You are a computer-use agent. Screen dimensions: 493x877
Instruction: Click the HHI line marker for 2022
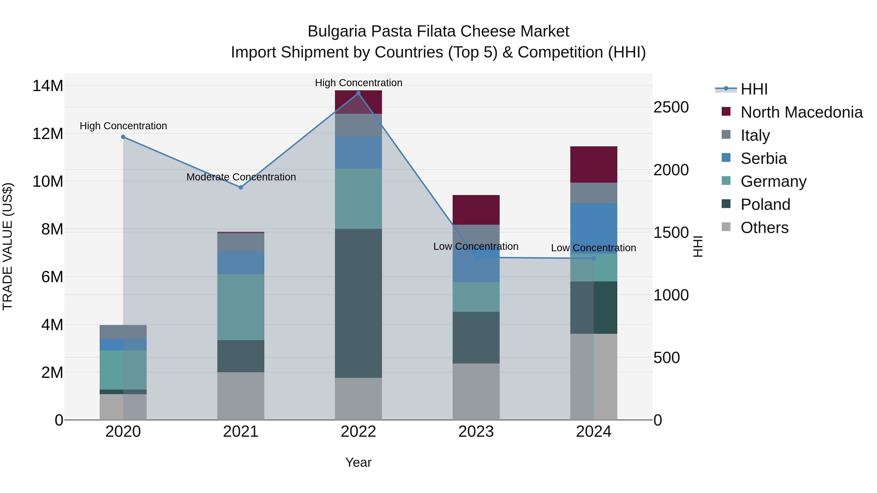click(358, 93)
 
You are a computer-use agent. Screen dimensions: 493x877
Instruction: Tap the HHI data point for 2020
click(123, 137)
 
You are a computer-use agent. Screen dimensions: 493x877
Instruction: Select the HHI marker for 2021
click(241, 187)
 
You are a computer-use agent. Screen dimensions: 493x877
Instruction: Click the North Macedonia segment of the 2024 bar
click(594, 165)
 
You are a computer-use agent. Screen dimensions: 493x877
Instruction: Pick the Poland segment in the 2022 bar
click(358, 303)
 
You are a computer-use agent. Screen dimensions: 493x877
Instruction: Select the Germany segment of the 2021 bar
click(241, 307)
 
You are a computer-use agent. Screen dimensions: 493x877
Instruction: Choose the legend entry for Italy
click(755, 135)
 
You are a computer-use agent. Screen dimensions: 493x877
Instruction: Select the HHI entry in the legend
click(754, 89)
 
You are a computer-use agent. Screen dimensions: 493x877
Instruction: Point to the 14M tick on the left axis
click(48, 86)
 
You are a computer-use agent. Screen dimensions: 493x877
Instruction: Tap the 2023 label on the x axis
click(476, 432)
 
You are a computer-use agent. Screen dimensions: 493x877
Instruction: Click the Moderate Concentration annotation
click(241, 177)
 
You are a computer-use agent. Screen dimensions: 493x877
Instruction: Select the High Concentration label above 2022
click(359, 83)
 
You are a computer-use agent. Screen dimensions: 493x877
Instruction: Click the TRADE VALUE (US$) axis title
click(8, 246)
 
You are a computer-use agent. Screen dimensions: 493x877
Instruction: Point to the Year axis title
click(358, 462)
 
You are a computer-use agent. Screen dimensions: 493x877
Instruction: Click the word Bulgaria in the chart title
click(337, 31)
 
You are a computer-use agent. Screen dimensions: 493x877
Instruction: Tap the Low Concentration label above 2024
click(593, 248)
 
